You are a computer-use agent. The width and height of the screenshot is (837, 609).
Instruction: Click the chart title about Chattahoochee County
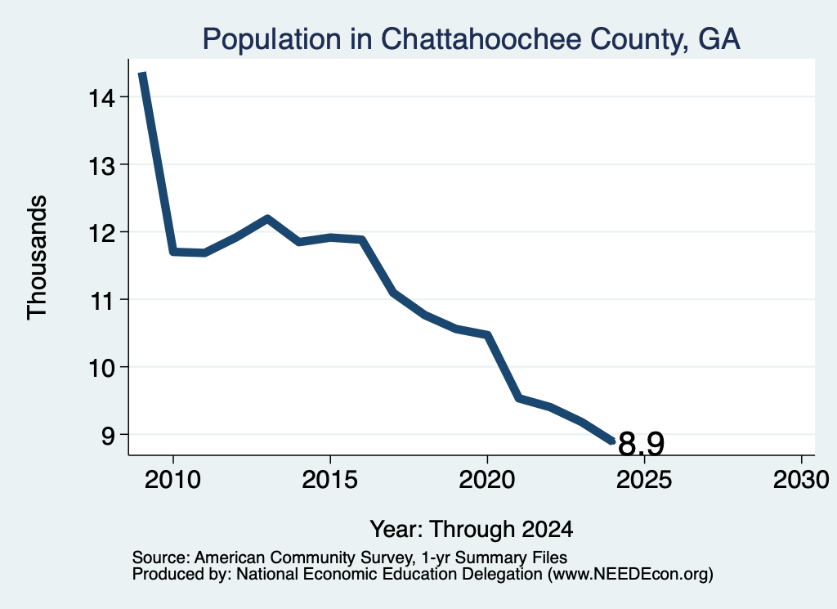[472, 39]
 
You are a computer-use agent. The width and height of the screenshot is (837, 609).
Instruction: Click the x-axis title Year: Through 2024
[472, 530]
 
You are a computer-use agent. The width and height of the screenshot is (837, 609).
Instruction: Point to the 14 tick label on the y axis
[101, 98]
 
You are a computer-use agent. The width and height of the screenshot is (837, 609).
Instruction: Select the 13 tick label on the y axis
[101, 166]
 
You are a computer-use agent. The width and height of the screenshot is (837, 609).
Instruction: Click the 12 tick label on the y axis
[101, 234]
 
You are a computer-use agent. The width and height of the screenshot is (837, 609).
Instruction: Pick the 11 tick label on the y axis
[101, 301]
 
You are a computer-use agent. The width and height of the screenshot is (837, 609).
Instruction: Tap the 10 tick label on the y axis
[101, 369]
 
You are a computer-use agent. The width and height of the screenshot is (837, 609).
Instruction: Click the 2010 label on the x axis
[173, 480]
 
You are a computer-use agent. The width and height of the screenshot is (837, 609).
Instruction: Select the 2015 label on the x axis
[330, 480]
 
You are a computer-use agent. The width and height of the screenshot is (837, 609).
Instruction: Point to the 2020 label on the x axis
[487, 480]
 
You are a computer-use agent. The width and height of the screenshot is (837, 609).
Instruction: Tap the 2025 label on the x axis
[644, 480]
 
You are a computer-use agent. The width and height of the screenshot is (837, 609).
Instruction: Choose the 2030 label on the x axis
[801, 480]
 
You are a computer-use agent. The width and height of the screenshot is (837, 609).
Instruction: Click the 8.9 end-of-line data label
[641, 444]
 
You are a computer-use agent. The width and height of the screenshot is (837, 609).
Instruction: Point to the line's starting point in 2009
[142, 74]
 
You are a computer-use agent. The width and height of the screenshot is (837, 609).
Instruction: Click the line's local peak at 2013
[267, 218]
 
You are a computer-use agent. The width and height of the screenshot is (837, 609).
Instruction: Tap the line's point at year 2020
[487, 334]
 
